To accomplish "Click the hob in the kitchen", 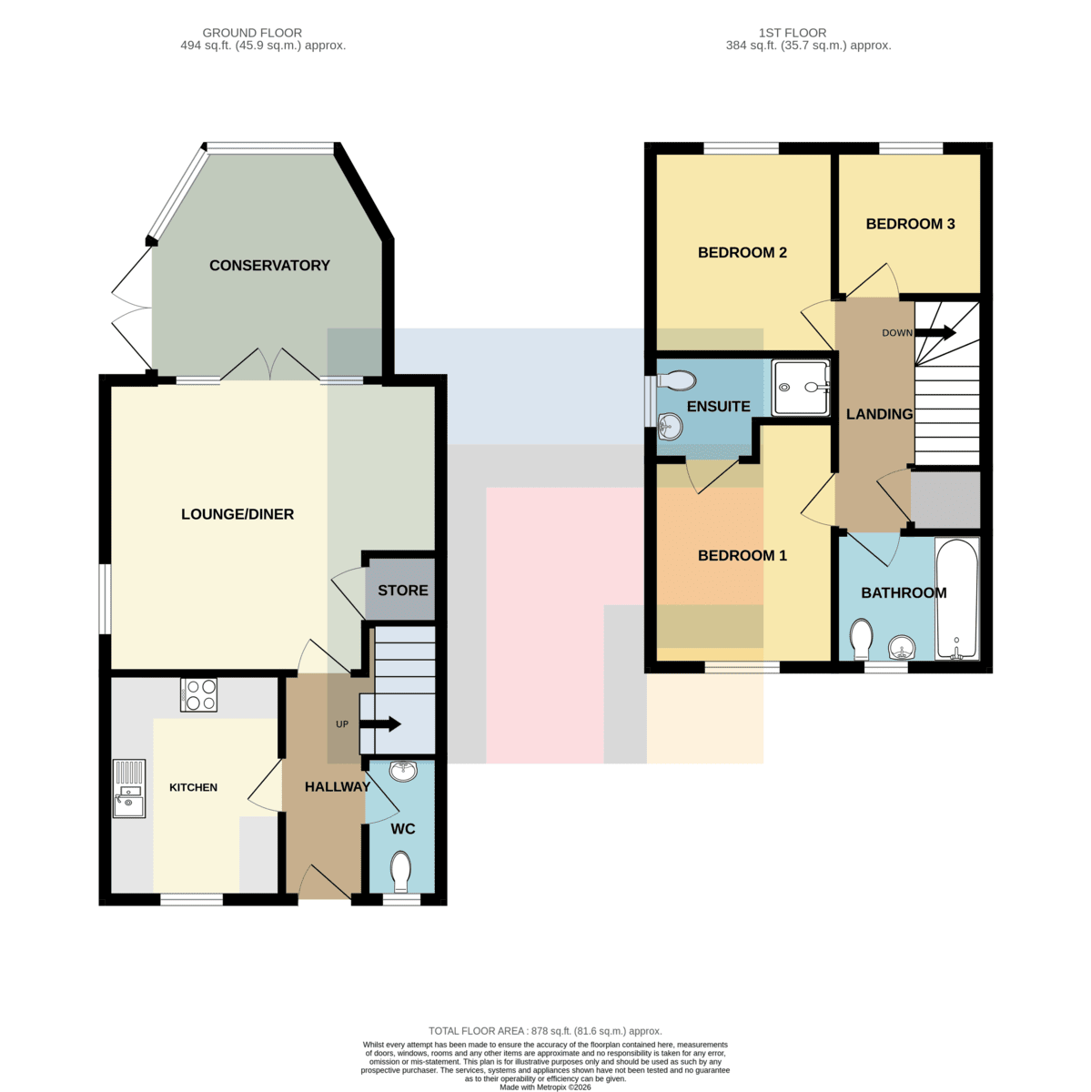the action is [198, 694].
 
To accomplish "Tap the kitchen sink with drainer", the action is [129, 788].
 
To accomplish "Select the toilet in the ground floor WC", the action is [401, 872].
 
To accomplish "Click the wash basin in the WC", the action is [403, 771].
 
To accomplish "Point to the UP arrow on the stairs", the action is [380, 723].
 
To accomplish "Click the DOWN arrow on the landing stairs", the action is [935, 332].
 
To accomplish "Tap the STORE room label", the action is [403, 590].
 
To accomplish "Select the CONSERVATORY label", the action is [269, 265].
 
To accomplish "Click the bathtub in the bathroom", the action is [956, 599].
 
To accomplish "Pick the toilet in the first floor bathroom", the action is [862, 639].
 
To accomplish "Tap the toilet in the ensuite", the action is [677, 379].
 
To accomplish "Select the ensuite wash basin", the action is [670, 426].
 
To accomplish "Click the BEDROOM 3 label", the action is [910, 224].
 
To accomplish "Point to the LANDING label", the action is [879, 414].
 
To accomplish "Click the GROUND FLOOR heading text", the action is [252, 33].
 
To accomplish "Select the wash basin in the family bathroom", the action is [901, 648].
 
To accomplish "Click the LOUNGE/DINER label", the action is [237, 514].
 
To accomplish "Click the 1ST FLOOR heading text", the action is [793, 33].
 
